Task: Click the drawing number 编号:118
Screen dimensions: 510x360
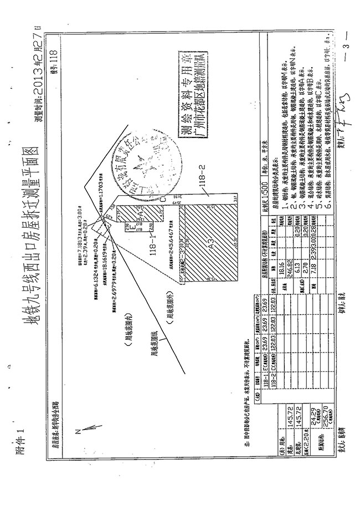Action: point(54,62)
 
